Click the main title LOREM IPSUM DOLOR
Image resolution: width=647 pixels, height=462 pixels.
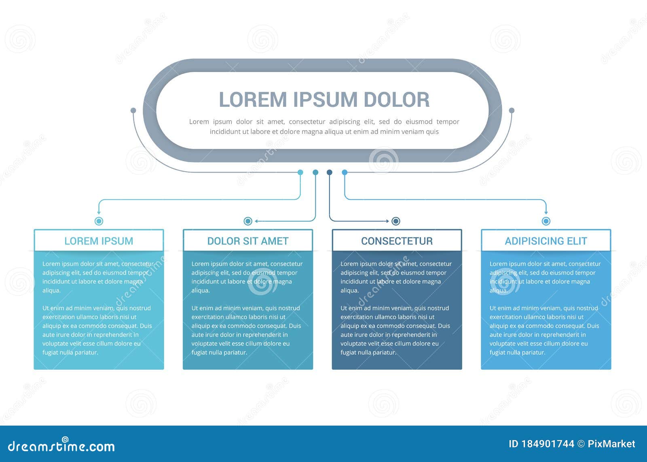point(324,100)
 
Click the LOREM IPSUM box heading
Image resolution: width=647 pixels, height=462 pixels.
point(99,241)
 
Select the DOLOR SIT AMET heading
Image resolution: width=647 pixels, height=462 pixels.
point(248,241)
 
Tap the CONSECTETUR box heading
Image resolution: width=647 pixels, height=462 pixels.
point(397,241)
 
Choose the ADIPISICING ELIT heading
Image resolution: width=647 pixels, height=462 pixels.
point(546,241)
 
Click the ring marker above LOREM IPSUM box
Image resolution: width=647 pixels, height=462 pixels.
point(99,221)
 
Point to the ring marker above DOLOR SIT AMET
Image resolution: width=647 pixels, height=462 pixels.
point(248,221)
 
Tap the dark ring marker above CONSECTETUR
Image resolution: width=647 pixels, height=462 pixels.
point(396,221)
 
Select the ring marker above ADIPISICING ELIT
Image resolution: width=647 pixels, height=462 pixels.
point(546,221)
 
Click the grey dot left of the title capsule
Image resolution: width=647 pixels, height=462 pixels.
point(133,110)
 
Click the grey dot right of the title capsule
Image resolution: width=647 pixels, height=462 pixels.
point(512,110)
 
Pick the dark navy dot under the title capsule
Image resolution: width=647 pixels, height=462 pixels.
point(330,172)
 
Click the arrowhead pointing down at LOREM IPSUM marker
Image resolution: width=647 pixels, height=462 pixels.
point(99,212)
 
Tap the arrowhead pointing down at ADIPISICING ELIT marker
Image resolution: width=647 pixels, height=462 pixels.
point(546,212)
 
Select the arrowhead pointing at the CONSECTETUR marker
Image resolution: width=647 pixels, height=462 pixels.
point(387,221)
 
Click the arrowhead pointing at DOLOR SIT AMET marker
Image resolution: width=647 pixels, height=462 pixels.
point(256,221)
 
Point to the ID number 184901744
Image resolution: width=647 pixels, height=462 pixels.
point(547,444)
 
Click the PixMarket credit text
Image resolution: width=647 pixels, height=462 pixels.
point(611,444)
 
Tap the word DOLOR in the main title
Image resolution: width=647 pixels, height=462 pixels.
point(396,100)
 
